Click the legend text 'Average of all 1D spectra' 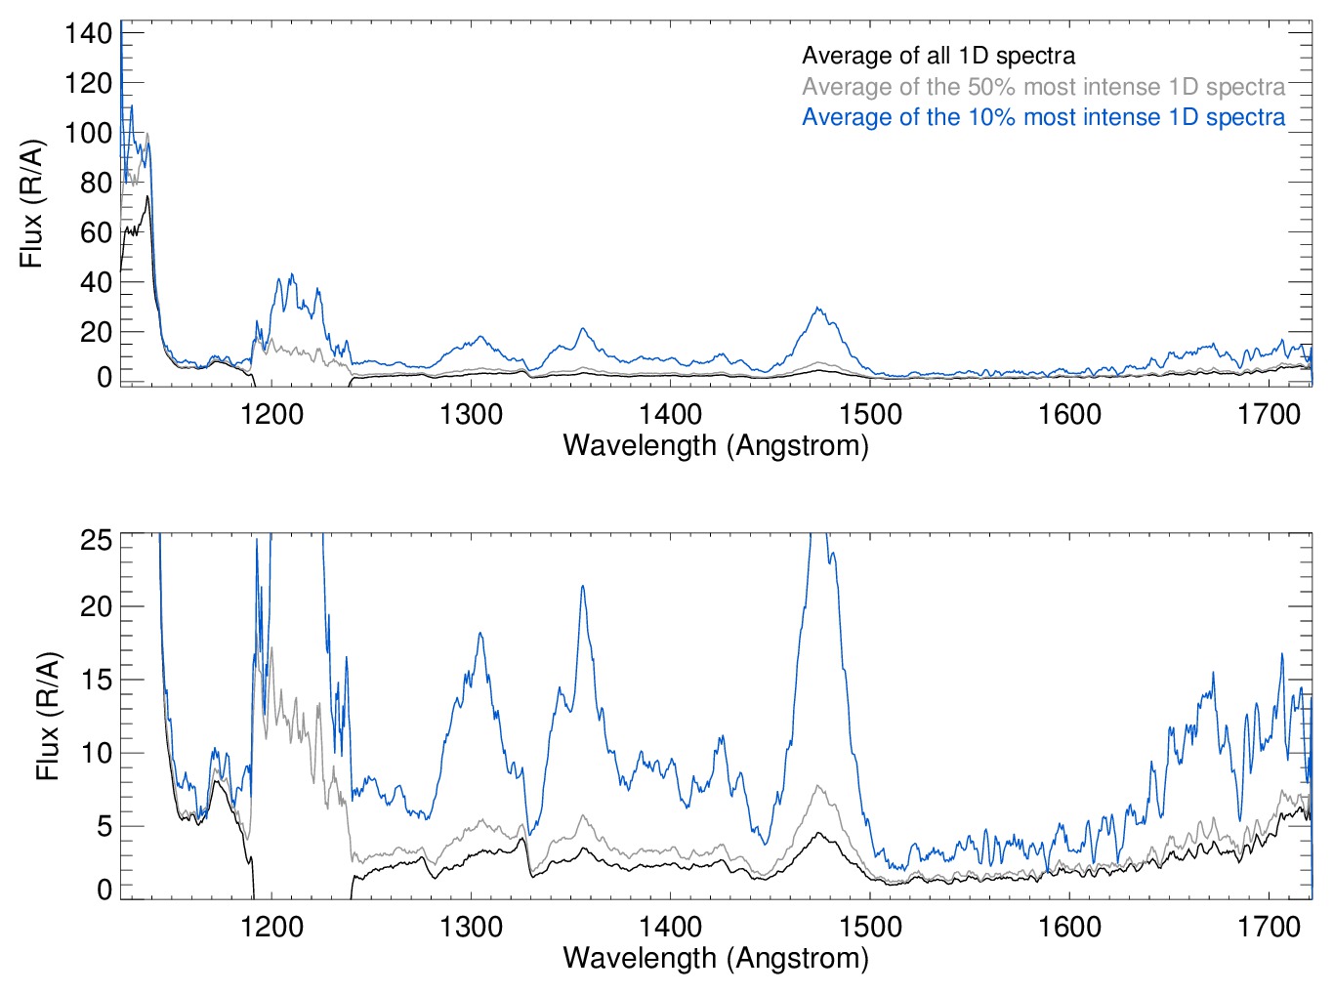pos(937,56)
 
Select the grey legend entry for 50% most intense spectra pos(1043,87)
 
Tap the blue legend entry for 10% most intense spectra pos(1043,117)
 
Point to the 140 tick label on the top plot pos(89,33)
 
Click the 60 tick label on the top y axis pos(97,232)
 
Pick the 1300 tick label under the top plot pos(472,414)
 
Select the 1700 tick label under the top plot pos(1269,414)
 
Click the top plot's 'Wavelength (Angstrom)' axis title pos(716,445)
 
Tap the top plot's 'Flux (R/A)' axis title pos(32,204)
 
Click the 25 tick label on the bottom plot pos(97,540)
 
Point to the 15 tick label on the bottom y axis pos(97,680)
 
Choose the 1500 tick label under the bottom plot pos(870,926)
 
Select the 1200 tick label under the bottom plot pos(271,926)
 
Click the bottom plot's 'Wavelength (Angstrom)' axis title pos(716,957)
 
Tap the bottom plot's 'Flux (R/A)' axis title pos(48,716)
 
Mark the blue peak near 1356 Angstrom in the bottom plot pos(583,586)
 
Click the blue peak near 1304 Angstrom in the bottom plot pos(480,634)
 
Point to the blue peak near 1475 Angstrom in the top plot pos(817,309)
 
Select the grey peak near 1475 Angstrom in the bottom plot pos(817,785)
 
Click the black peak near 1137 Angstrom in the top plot pos(147,196)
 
